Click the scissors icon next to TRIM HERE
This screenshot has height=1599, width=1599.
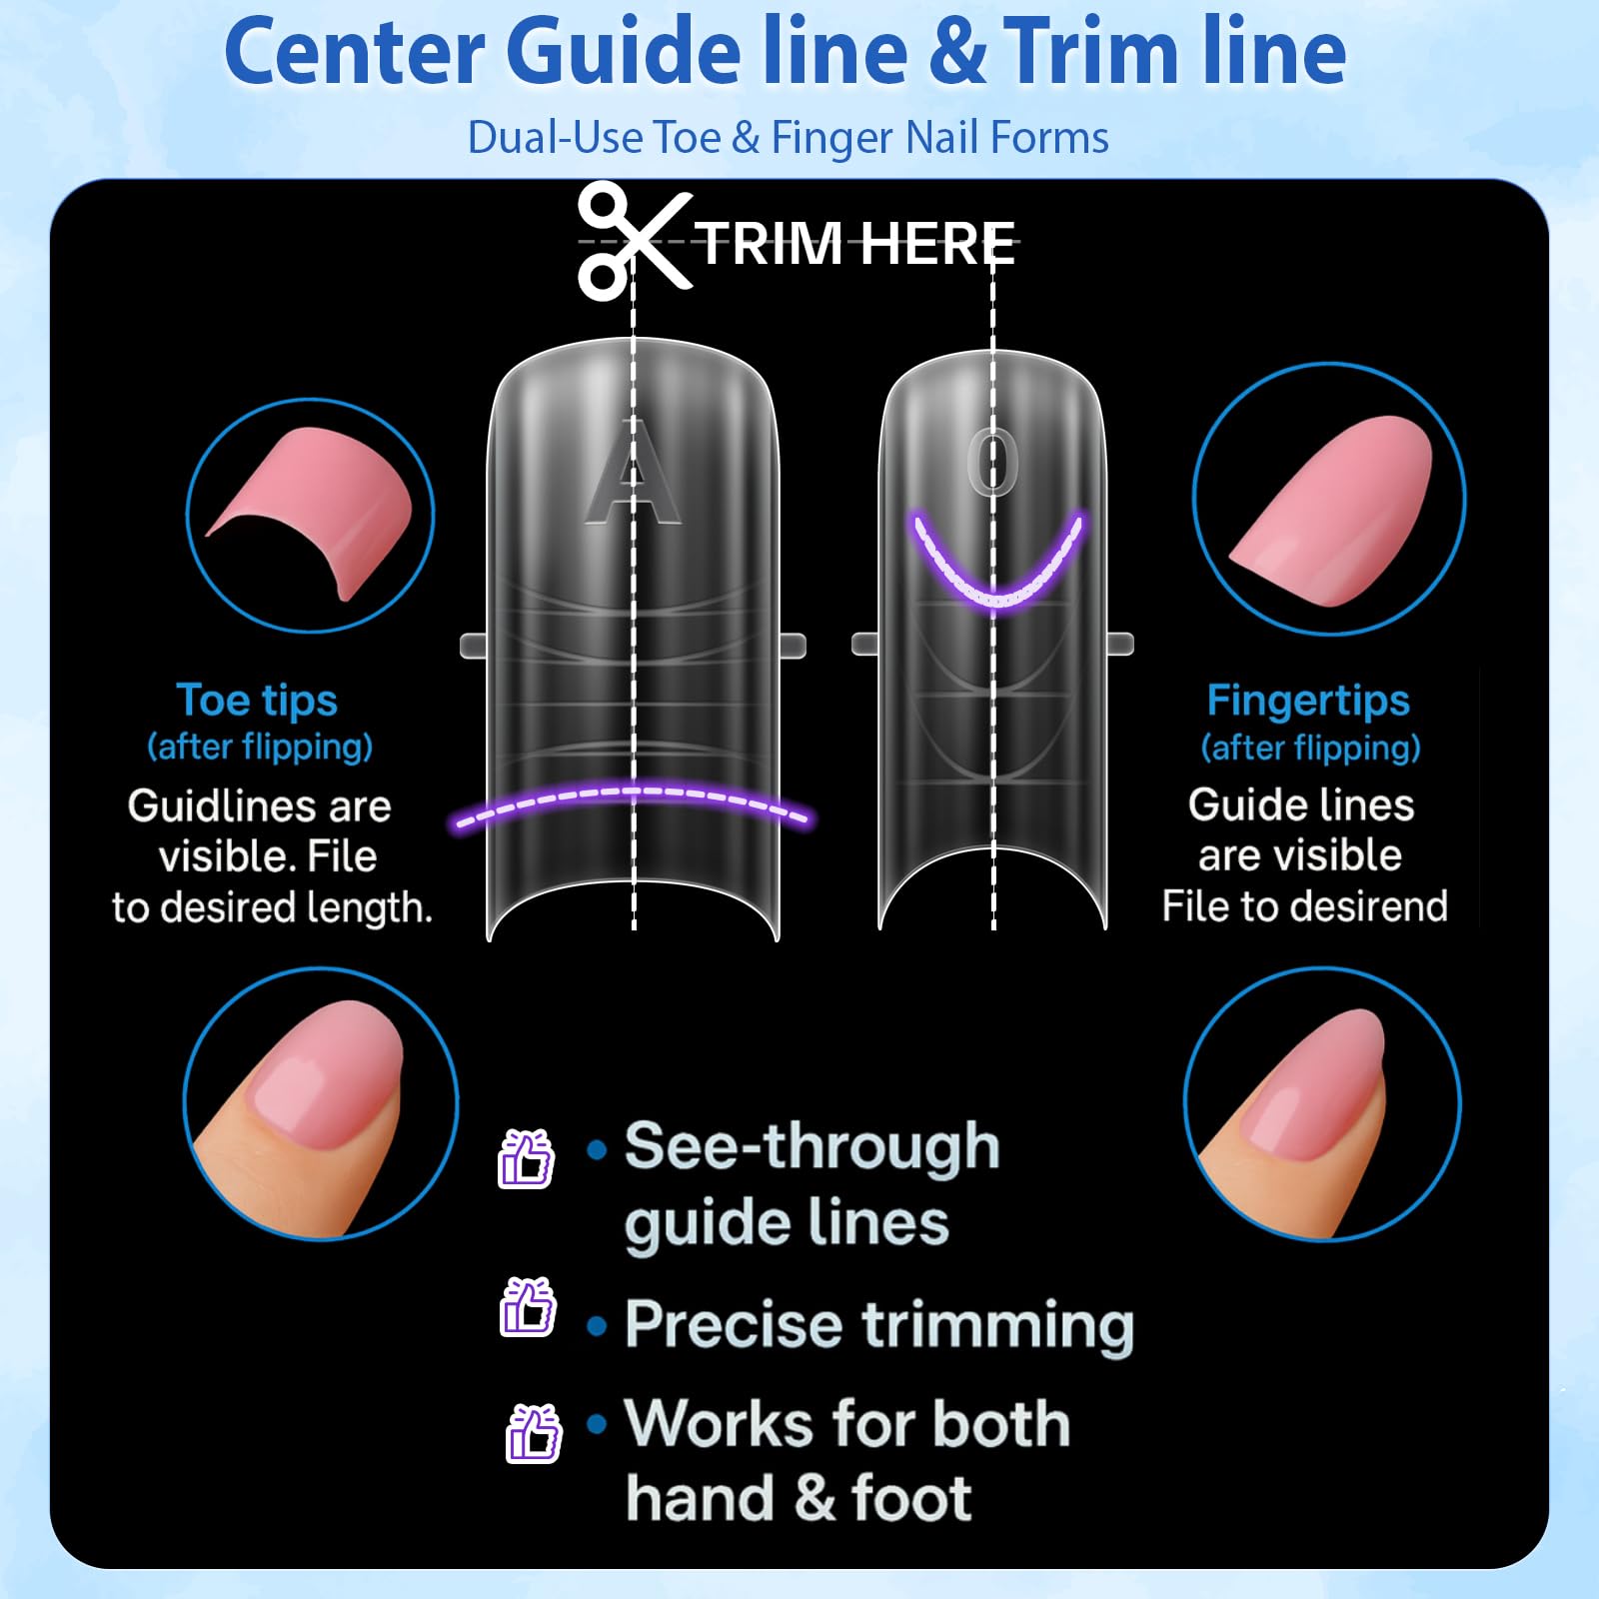pos(635,241)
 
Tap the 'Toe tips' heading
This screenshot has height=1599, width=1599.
pos(257,701)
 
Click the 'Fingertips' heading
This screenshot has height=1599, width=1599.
pos(1308,701)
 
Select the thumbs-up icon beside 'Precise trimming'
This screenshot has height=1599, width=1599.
pos(527,1307)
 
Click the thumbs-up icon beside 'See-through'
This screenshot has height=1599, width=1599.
pos(526,1158)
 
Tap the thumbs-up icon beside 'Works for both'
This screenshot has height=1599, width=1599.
pos(534,1433)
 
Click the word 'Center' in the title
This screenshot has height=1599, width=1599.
pos(355,52)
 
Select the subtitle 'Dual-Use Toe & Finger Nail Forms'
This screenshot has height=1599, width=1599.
pos(788,138)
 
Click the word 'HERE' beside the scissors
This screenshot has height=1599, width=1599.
pos(936,244)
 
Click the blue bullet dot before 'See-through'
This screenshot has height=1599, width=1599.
pos(597,1150)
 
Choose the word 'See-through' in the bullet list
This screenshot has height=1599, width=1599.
pos(812,1146)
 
